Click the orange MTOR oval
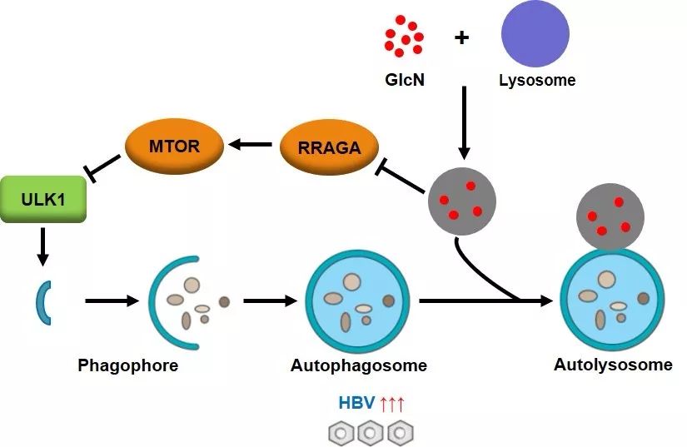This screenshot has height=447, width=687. pyautogui.click(x=174, y=147)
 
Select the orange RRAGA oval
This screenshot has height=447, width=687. pyautogui.click(x=328, y=147)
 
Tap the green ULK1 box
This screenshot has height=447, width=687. pyautogui.click(x=43, y=199)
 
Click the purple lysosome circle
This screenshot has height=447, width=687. pyautogui.click(x=535, y=34)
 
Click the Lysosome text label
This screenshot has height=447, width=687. pyautogui.click(x=537, y=81)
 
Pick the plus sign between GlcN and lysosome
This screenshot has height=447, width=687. pyautogui.click(x=461, y=37)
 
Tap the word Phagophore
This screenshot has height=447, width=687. pyautogui.click(x=127, y=365)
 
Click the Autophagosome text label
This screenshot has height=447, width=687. pyautogui.click(x=359, y=365)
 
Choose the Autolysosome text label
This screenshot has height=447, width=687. pyautogui.click(x=613, y=365)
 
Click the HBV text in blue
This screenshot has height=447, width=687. pyautogui.click(x=356, y=405)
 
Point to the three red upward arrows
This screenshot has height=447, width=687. pyautogui.click(x=391, y=405)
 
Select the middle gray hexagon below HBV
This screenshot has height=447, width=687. pyautogui.click(x=370, y=432)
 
